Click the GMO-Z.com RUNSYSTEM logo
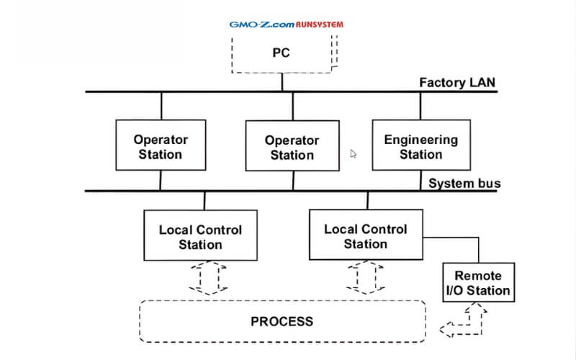[286, 24]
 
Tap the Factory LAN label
[457, 82]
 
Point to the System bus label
[464, 183]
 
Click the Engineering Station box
[420, 147]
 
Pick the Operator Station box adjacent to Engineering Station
[292, 148]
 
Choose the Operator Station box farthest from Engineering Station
[161, 147]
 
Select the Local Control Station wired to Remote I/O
[366, 236]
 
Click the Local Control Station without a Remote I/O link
[201, 237]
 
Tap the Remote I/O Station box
[477, 283]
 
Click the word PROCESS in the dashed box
[282, 321]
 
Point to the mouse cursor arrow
[353, 153]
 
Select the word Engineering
[420, 140]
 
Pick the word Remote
[478, 276]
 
